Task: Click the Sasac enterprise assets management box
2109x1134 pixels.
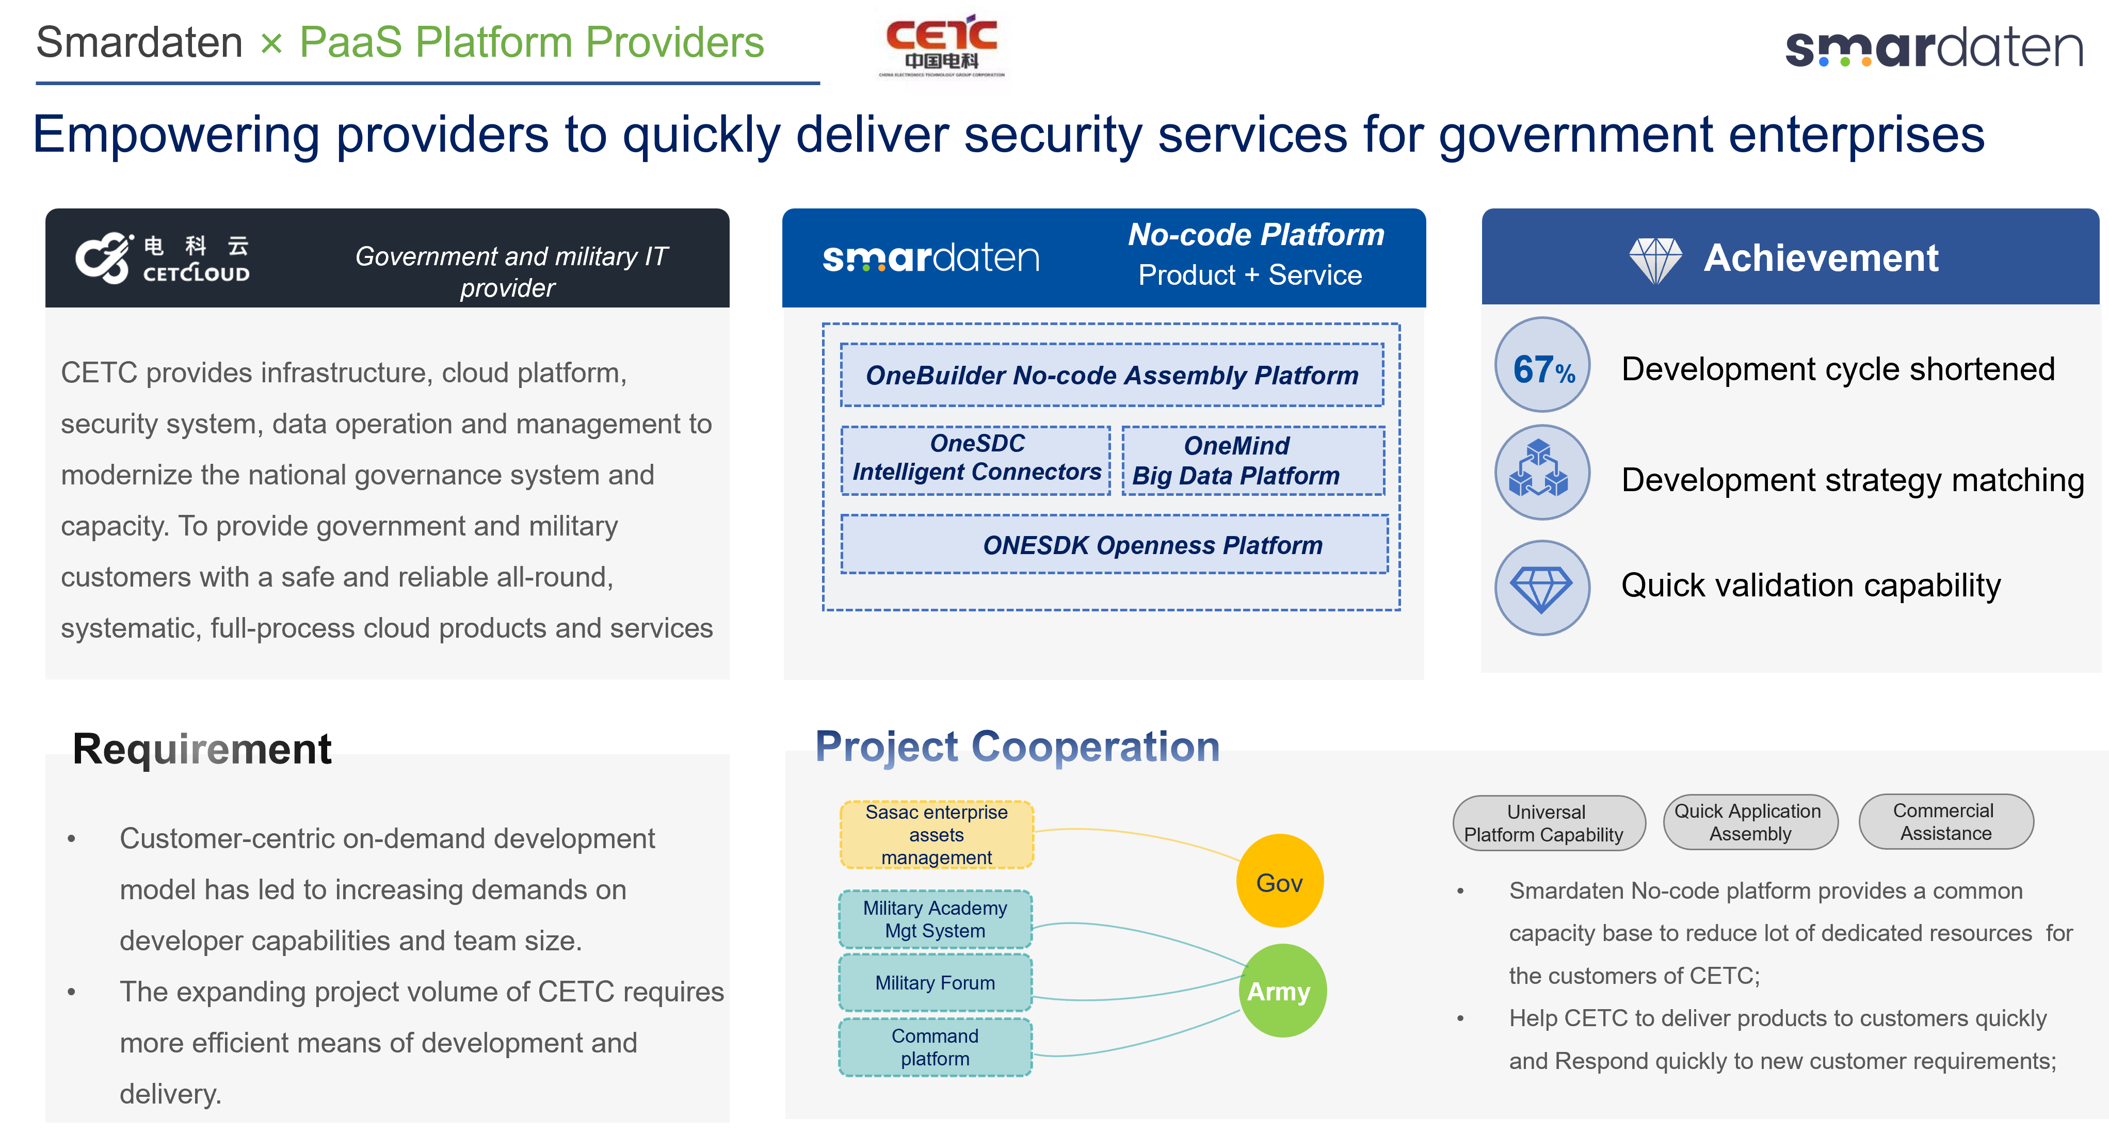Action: (x=937, y=834)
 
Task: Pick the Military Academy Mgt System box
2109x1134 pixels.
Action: (x=935, y=919)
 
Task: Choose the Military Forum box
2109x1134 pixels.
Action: (x=935, y=982)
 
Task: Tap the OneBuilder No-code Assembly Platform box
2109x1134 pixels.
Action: (x=1112, y=375)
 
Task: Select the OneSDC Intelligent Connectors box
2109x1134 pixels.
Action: (x=976, y=459)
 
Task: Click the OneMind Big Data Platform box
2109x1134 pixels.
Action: (x=1252, y=460)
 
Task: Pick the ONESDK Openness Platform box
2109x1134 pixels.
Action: (x=1114, y=544)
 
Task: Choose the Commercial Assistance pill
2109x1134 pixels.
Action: (x=1945, y=821)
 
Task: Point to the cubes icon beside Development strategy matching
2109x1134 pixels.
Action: (x=1542, y=473)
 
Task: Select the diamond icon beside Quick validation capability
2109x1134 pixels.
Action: (x=1542, y=587)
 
